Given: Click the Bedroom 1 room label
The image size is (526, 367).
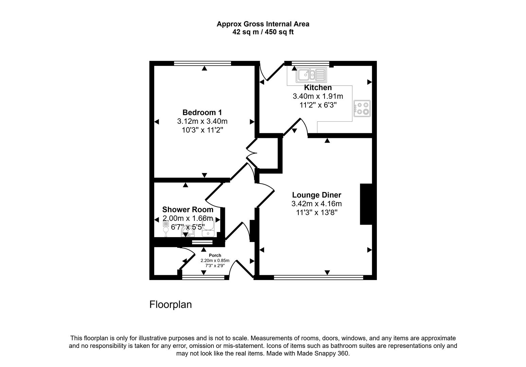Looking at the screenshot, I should (x=202, y=112).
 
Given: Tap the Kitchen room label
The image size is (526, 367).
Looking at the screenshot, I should (x=318, y=88).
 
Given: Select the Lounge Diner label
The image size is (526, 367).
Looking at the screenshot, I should (x=316, y=195).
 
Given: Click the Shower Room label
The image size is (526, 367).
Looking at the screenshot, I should (x=188, y=210).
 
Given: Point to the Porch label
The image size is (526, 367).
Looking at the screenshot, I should (x=215, y=256).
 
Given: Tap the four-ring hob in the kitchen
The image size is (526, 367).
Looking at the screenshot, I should (x=362, y=108).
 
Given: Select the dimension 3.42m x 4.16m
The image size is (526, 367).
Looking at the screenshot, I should (x=316, y=204).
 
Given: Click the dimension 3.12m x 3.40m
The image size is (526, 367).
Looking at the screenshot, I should (x=202, y=121).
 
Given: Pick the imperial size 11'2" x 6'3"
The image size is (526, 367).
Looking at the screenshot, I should (x=318, y=105).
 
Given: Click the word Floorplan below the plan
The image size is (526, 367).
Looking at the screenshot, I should (x=171, y=304).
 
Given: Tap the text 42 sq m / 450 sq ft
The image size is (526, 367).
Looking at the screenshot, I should (x=263, y=32).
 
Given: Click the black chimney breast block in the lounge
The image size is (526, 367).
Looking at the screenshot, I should (x=366, y=204).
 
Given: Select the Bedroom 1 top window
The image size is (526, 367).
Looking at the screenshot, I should (x=203, y=63).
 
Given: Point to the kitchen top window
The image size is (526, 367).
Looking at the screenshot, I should (x=311, y=63).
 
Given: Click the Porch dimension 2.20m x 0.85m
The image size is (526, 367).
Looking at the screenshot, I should (x=215, y=261).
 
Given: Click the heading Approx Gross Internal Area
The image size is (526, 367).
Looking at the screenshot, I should (x=263, y=24).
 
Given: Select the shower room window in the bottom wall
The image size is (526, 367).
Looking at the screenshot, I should (x=202, y=242).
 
